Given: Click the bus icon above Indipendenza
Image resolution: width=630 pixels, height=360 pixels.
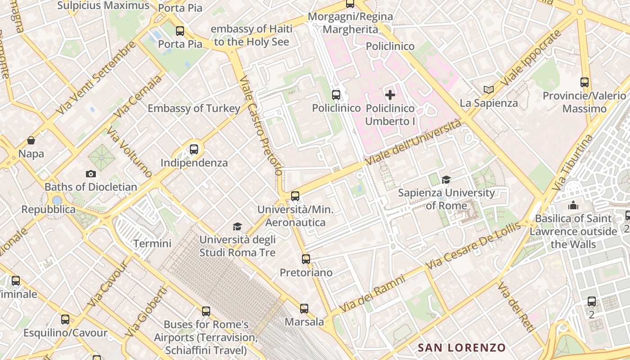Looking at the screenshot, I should (x=194, y=149).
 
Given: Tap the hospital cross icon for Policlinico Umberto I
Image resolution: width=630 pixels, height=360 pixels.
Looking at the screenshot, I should (x=390, y=94).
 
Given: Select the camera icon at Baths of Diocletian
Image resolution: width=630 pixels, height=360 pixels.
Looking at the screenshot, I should (x=90, y=174).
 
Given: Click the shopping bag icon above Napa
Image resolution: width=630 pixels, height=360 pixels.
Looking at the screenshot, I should (x=31, y=140).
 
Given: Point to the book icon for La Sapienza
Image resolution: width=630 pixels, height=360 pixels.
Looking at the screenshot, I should (x=488, y=90).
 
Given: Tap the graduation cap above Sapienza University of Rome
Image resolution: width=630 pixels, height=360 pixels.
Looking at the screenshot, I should (x=446, y=180).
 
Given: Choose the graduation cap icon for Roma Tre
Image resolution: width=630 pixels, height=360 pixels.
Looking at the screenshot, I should (x=237, y=226).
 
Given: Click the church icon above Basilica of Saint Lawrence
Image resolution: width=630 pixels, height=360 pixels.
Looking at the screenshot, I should (x=573, y=205).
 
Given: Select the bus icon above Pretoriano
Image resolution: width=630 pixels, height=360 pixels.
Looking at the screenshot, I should (x=306, y=259).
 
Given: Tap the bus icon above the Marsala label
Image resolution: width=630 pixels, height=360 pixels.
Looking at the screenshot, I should (x=304, y=308).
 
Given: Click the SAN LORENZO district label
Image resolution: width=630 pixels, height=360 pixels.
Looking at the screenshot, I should (x=462, y=347).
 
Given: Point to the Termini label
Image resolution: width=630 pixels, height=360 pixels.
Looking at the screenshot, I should (x=152, y=243).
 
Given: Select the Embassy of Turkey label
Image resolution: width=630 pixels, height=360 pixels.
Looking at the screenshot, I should (x=194, y=108).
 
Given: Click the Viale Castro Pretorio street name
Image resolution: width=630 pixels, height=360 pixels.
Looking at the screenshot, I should (x=261, y=126).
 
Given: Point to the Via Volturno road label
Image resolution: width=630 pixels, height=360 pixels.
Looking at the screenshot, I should (x=130, y=151).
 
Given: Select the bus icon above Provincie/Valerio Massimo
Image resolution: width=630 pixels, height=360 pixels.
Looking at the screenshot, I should (x=584, y=82).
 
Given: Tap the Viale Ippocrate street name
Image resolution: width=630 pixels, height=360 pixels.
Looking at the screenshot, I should (x=531, y=58).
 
